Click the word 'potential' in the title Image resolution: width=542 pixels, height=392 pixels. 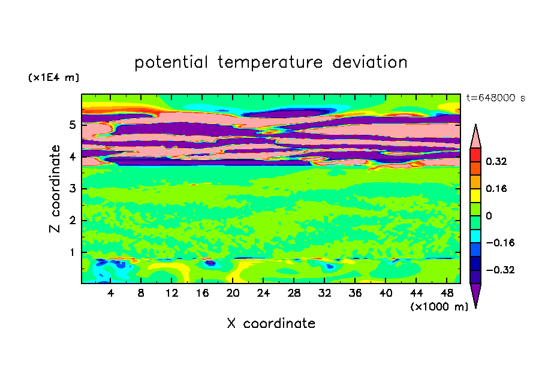[171, 62]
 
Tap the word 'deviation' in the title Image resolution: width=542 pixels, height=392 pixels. [370, 62]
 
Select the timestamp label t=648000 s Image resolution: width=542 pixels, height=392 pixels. [496, 98]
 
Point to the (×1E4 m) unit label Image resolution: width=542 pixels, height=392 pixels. [53, 77]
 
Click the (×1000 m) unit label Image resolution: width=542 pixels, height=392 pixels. [439, 307]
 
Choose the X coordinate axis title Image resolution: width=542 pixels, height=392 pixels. [271, 324]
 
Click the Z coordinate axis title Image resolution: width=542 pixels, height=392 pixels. [55, 188]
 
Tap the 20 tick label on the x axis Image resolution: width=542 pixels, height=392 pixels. [233, 293]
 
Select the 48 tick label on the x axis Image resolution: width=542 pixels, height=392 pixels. [447, 293]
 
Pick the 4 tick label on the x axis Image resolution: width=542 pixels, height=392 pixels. [110, 293]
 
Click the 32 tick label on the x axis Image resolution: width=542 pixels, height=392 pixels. [324, 293]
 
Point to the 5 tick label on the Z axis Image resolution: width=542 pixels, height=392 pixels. [72, 125]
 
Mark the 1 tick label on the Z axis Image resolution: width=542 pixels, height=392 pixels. [72, 252]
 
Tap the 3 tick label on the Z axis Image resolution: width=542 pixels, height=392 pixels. [72, 188]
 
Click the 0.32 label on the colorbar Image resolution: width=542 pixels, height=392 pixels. [496, 161]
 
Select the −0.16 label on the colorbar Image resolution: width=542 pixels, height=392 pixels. [500, 243]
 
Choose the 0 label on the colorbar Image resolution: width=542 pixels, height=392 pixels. [489, 216]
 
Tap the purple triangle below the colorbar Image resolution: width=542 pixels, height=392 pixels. [475, 294]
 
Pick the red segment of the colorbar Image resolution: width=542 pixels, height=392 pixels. [475, 155]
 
